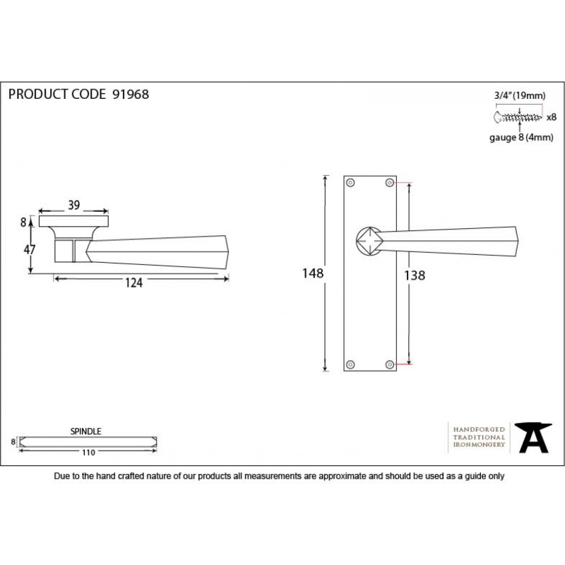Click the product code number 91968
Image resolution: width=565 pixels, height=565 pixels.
pyautogui.click(x=131, y=95)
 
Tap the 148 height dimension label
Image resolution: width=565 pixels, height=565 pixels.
pyautogui.click(x=313, y=273)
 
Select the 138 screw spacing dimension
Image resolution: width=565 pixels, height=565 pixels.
pyautogui.click(x=415, y=275)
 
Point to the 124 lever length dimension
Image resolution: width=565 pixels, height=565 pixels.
pyautogui.click(x=133, y=283)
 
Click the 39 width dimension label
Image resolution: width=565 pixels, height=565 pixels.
pyautogui.click(x=74, y=205)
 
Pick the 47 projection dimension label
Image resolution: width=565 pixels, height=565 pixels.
pyautogui.click(x=30, y=249)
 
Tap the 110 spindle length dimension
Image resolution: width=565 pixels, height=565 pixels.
pyautogui.click(x=88, y=453)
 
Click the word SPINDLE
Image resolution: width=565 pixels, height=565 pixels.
pyautogui.click(x=85, y=432)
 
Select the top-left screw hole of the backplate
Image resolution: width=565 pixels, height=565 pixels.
pyautogui.click(x=350, y=183)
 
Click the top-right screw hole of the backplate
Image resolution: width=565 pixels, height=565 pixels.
pyautogui.click(x=390, y=183)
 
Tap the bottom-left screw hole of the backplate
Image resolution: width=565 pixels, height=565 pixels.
pyautogui.click(x=350, y=364)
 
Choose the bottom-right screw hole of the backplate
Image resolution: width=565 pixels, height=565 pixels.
pyautogui.click(x=390, y=364)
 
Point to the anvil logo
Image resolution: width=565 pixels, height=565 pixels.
pyautogui.click(x=533, y=438)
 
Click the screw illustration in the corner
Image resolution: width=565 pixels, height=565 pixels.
pyautogui.click(x=518, y=117)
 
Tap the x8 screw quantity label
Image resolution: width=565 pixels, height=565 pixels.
pyautogui.click(x=552, y=117)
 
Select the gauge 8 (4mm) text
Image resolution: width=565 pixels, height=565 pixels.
pyautogui.click(x=521, y=137)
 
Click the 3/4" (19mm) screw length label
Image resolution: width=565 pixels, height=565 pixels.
pyautogui.click(x=520, y=95)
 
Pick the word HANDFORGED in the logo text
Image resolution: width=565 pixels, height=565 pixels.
pyautogui.click(x=479, y=429)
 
